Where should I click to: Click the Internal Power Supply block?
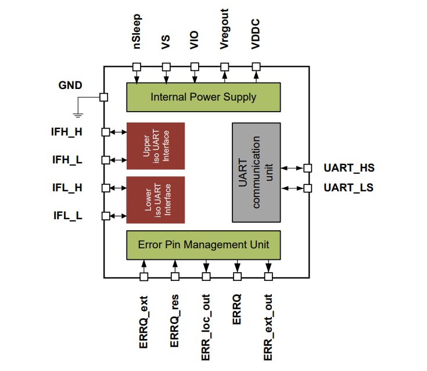[x=203, y=97]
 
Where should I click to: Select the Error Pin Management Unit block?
[x=203, y=245]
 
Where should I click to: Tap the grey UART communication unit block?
[x=256, y=172]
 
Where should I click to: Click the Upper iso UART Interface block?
[x=155, y=146]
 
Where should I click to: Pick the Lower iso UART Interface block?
[x=155, y=200]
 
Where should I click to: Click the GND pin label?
[x=70, y=85]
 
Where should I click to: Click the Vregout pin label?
[x=225, y=29]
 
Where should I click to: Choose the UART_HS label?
[x=349, y=169]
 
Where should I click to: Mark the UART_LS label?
[x=349, y=188]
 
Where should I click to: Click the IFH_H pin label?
[x=67, y=132]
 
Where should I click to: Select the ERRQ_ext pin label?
[x=144, y=322]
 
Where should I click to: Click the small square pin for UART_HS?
[x=308, y=169]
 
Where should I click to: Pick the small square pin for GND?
[x=104, y=98]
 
